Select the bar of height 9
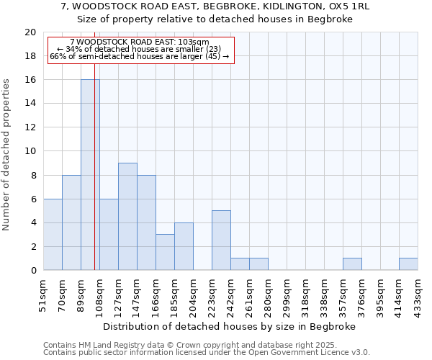click(x=127, y=216)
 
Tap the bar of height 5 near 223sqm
click(x=221, y=240)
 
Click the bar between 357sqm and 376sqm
click(x=352, y=264)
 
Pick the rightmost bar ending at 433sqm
click(x=408, y=264)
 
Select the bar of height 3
click(x=165, y=252)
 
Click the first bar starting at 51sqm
click(x=53, y=234)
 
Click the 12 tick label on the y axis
click(x=30, y=127)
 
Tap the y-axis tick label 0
click(x=33, y=271)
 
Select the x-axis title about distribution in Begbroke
click(x=235, y=326)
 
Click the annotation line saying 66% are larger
click(x=140, y=56)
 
